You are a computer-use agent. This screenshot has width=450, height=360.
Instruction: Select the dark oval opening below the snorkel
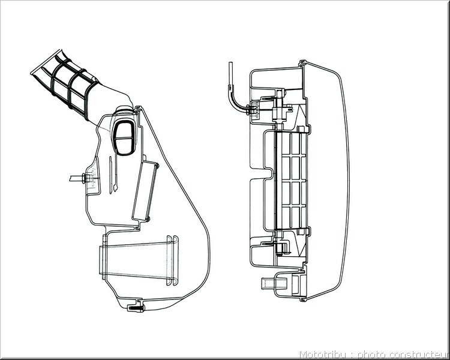click(x=124, y=138)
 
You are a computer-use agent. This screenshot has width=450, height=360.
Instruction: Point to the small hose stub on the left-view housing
click(x=77, y=179)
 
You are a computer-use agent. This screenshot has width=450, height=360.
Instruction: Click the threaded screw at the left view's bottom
click(x=136, y=308)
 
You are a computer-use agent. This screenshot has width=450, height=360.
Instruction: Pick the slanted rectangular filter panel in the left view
click(x=145, y=191)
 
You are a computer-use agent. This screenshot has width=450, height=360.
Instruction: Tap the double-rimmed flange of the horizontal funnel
click(x=172, y=260)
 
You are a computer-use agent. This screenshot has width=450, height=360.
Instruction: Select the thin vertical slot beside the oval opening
click(x=110, y=175)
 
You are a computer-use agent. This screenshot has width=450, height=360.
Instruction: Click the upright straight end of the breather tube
click(x=230, y=73)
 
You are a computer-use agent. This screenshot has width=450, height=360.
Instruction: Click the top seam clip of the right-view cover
click(x=302, y=64)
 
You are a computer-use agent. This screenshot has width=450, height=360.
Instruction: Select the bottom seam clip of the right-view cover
click(x=302, y=299)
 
